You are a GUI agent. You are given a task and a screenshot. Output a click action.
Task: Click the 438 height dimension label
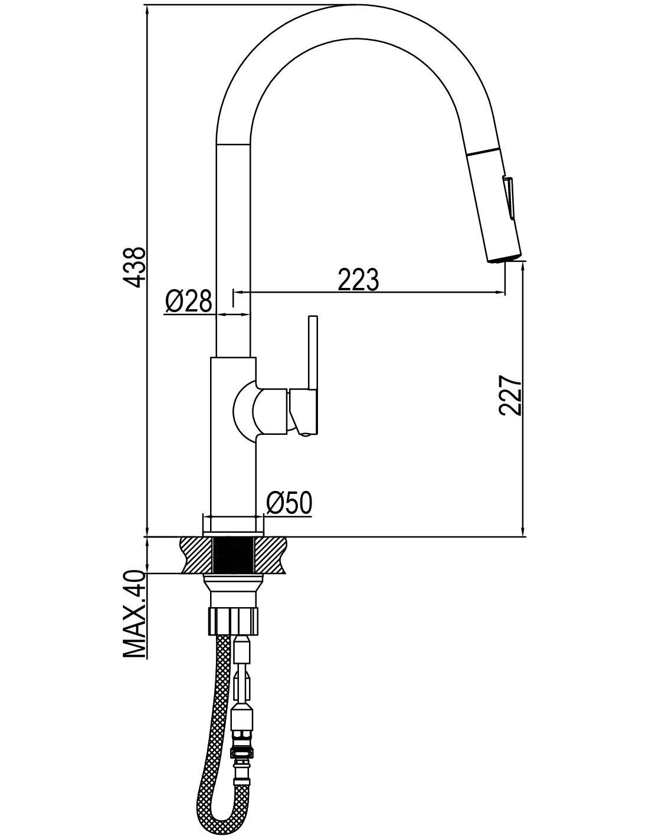point(136,267)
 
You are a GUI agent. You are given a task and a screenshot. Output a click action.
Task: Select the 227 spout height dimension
point(510,395)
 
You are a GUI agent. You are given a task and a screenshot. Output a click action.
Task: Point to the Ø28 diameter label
point(189,300)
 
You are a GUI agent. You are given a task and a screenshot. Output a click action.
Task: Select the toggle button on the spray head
point(508,198)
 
